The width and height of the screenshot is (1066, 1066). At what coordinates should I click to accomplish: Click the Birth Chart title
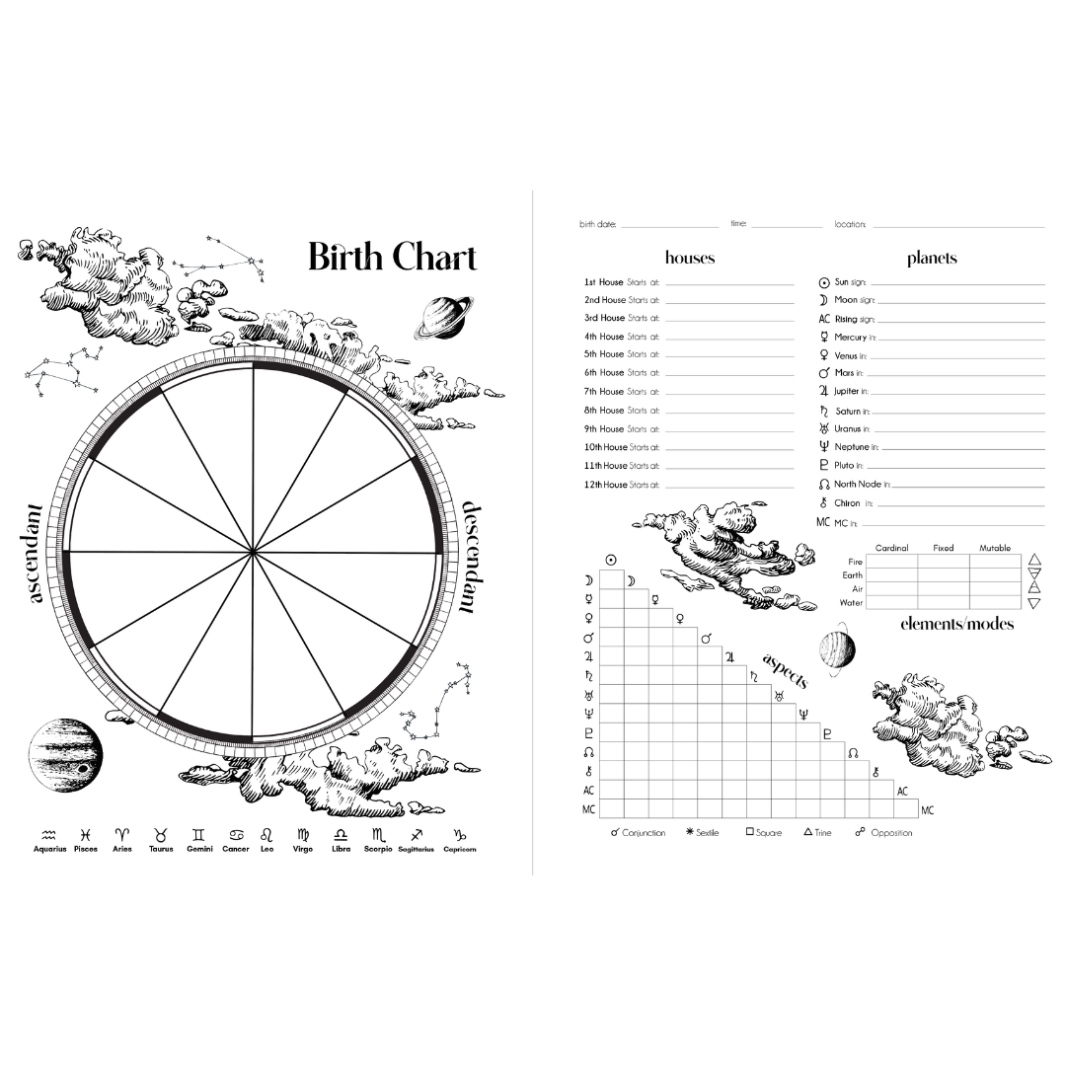(x=392, y=257)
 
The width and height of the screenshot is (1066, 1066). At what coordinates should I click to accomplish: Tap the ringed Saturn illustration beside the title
(x=443, y=318)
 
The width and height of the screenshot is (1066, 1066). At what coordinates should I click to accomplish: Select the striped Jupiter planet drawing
(x=66, y=755)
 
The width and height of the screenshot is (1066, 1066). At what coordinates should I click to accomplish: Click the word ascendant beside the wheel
(x=34, y=554)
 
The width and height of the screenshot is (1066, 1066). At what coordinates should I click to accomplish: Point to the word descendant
(x=471, y=558)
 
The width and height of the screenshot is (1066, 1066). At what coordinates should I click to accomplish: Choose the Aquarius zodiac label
(x=49, y=849)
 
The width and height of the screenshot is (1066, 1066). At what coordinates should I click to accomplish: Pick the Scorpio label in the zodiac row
(x=378, y=849)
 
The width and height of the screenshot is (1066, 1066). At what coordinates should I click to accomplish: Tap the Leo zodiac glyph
(x=267, y=835)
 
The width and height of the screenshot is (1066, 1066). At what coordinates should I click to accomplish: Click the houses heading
(x=690, y=258)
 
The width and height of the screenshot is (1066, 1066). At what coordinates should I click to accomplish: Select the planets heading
(x=932, y=258)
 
